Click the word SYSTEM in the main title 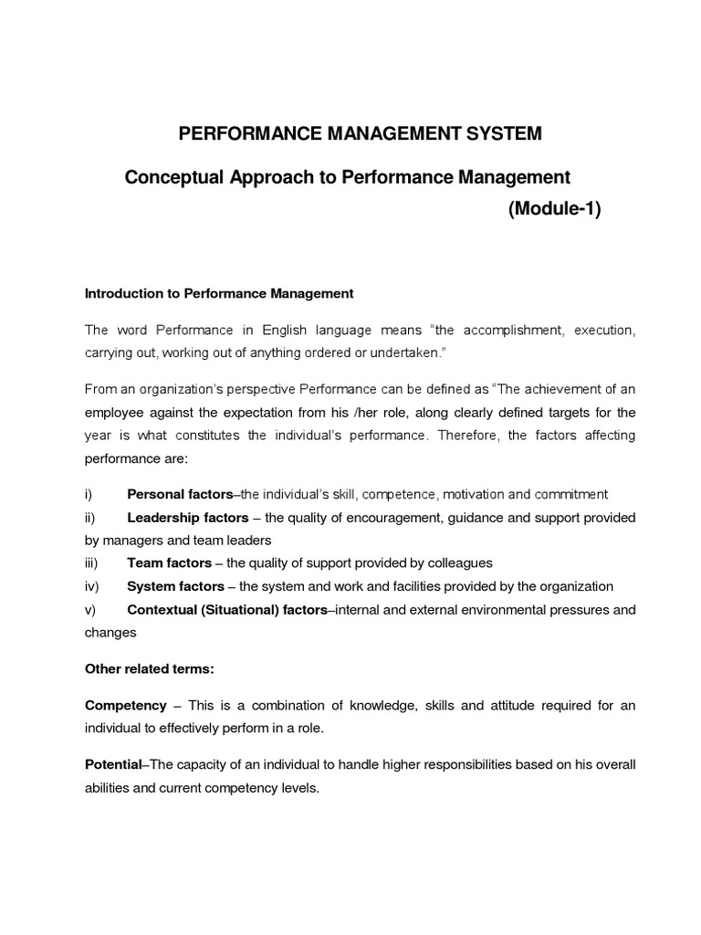coord(500,134)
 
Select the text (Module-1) coord(554,210)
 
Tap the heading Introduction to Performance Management coord(218,294)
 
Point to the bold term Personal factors coord(180,494)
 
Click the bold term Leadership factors coord(188,518)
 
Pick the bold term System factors coord(176,586)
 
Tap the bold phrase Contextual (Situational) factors coord(226,609)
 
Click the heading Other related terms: coord(149,668)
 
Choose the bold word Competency coord(126,705)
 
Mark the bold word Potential coord(113,764)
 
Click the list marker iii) coord(92,563)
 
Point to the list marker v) coord(89,609)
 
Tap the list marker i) coord(89,494)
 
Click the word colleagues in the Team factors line coord(459,563)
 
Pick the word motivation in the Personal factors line coord(473,494)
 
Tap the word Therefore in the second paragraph coord(467,435)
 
